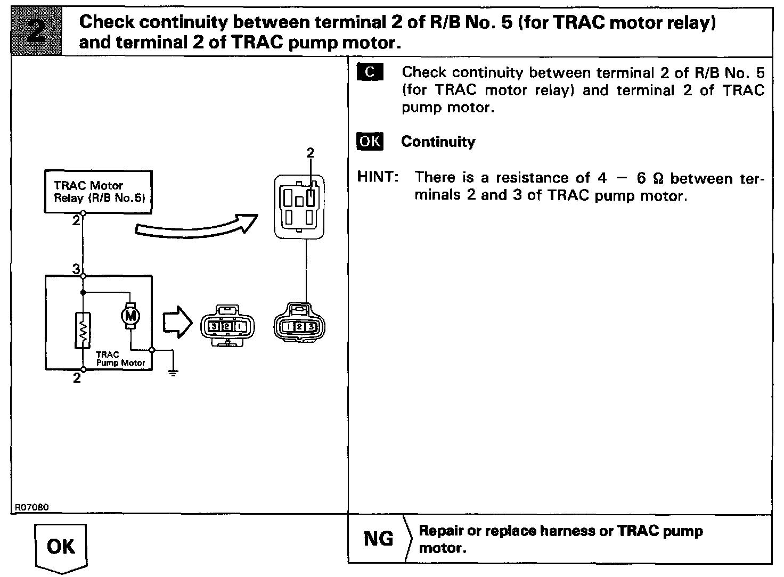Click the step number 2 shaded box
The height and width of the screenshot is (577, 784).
coord(36,31)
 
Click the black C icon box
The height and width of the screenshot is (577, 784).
coord(370,72)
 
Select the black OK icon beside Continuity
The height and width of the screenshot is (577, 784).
coord(370,142)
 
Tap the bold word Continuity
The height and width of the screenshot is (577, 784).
coord(438,142)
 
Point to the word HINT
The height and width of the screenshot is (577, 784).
coord(378,177)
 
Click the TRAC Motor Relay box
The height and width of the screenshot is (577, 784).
coord(98,192)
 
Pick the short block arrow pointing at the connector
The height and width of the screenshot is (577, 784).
coord(176,322)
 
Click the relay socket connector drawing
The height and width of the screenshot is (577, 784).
coord(298,206)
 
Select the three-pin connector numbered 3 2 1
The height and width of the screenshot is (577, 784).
coord(227,326)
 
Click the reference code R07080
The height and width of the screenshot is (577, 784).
coord(31,507)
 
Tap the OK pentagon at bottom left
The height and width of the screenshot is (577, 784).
coord(61,546)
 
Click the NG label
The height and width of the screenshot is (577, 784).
coord(378,539)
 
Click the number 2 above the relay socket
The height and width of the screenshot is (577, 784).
coord(311,153)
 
